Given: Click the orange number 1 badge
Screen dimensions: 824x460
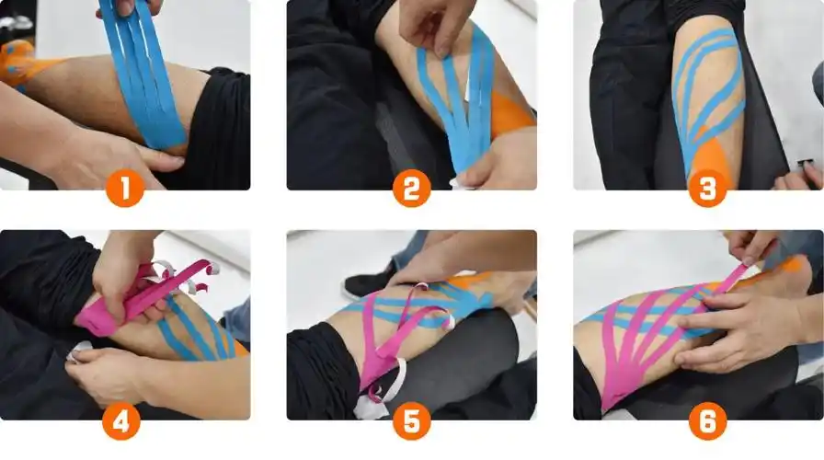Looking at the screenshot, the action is pos(125,189).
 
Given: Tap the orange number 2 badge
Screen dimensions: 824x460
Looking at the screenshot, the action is pos(411,189).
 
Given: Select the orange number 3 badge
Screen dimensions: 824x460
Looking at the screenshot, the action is pos(707,189).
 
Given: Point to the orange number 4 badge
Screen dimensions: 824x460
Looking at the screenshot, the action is pos(121,421).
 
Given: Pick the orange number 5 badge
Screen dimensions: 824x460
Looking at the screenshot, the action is pos(411,421).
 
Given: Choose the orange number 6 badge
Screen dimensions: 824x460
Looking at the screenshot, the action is pos(707,421).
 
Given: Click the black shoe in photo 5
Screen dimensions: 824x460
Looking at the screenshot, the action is pos(368,282).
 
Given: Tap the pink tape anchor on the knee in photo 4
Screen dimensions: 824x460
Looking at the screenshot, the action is pos(97,321).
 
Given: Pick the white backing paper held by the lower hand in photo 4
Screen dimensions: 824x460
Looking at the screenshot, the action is pos(80,351).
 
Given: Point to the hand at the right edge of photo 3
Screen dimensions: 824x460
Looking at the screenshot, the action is pos(799,176).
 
